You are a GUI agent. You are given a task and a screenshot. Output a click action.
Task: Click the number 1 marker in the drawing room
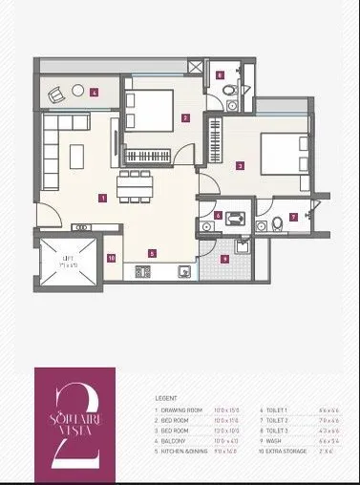[x=101, y=199]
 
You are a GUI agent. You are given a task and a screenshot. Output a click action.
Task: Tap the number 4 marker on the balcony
[x=95, y=94]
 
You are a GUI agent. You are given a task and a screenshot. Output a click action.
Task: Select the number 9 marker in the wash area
[x=224, y=258]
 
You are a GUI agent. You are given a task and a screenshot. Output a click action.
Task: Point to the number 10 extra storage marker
[x=111, y=258]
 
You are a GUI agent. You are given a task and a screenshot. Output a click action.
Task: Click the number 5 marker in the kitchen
[x=152, y=253]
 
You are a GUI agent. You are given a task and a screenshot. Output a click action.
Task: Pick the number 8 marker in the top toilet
[x=220, y=74]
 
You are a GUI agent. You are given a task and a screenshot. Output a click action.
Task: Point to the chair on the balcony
[x=55, y=95]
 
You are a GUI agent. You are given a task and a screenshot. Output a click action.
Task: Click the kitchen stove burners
[x=143, y=272]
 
